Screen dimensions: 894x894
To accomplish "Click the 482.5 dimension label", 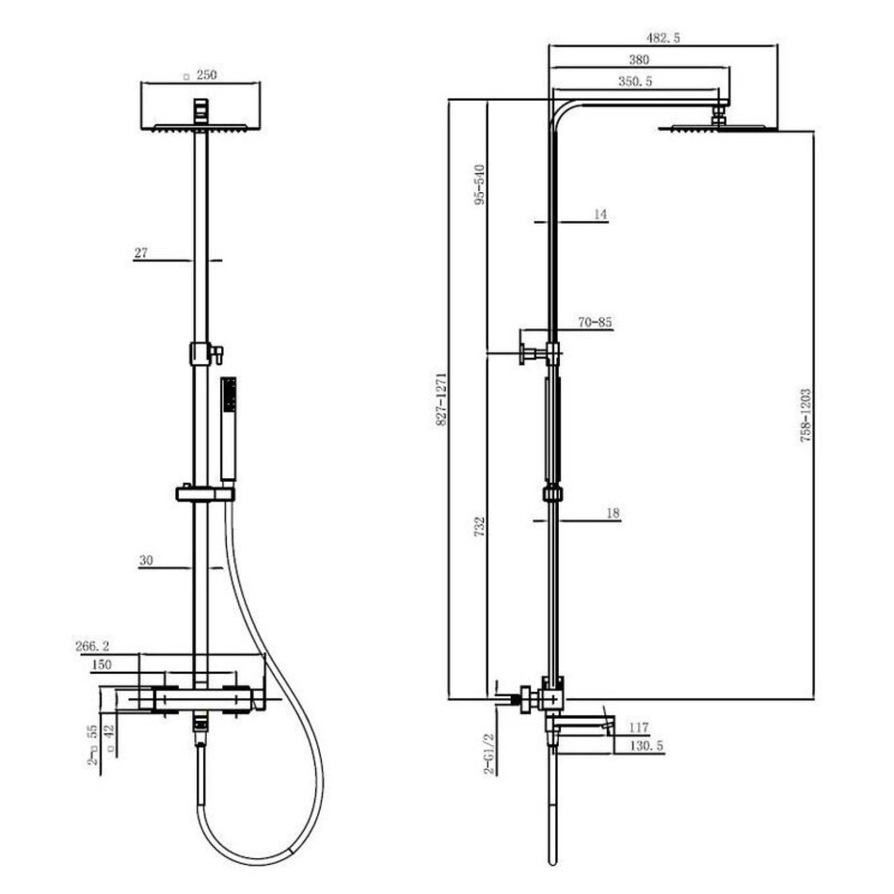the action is (663, 39).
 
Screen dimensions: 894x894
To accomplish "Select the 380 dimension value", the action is (639, 59).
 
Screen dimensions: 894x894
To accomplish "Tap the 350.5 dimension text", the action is (635, 82).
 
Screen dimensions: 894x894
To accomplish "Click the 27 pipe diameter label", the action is (141, 252).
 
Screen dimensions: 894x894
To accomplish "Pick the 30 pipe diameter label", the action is (146, 561).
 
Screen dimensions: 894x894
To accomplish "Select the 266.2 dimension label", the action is (92, 646).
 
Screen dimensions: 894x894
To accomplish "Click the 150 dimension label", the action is (101, 664).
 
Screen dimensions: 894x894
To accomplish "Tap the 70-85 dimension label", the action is (596, 322).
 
